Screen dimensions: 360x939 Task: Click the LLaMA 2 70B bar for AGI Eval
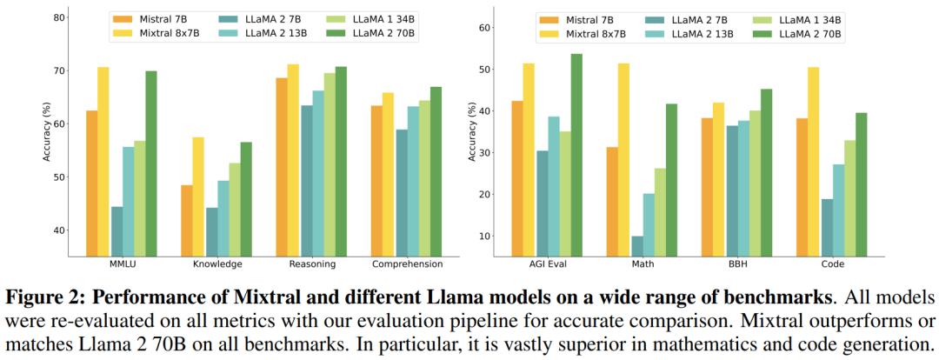576,156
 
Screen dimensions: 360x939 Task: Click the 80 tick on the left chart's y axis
59,17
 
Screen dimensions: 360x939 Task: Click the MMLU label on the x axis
122,263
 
